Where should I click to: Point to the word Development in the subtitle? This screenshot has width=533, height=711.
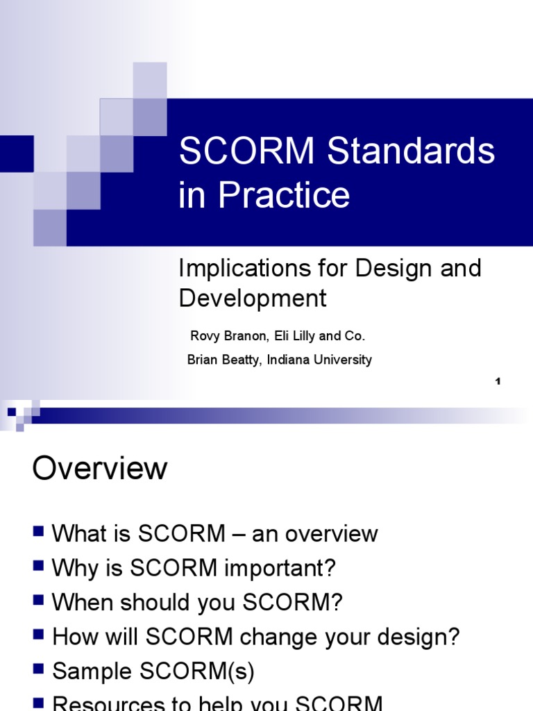pos(253,299)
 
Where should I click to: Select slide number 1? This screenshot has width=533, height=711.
pos(498,381)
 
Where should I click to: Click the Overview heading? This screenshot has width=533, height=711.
pos(99,469)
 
